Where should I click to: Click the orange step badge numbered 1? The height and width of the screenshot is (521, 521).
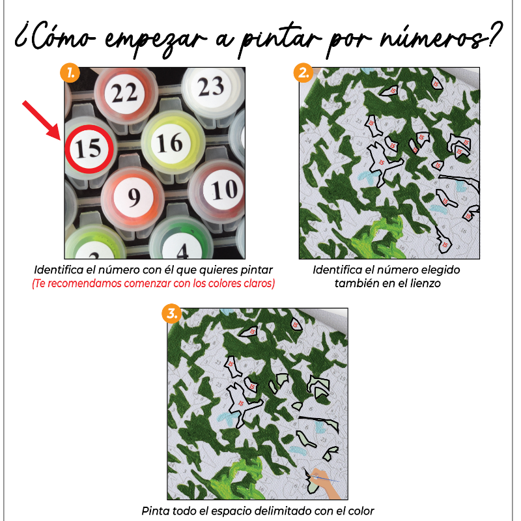69,72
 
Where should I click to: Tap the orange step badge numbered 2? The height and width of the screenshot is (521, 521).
303,72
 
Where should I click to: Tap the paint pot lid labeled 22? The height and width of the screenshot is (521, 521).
124,93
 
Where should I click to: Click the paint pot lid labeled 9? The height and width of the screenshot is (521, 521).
134,196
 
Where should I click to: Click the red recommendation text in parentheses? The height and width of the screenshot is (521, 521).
153,283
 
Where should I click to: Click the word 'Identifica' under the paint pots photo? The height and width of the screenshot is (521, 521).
59,270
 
